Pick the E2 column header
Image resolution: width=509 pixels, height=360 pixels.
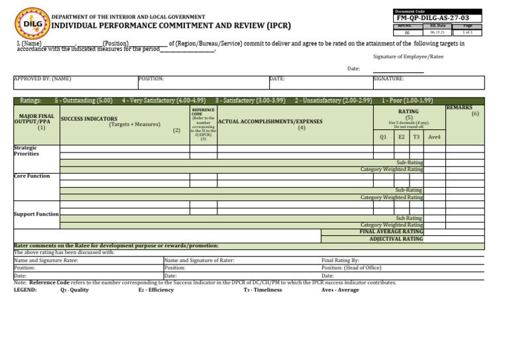click(x=402, y=137)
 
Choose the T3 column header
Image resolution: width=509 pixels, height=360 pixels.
click(x=416, y=137)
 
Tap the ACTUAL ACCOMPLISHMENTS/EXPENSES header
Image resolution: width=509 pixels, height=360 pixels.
click(x=270, y=122)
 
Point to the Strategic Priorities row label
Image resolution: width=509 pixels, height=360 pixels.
click(x=27, y=150)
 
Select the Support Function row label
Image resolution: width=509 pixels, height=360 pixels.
click(x=36, y=214)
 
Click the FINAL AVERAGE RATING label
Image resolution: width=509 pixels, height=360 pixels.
click(x=391, y=231)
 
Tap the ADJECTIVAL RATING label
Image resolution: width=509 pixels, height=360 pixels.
click(x=396, y=238)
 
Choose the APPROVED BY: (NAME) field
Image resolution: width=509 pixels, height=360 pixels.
click(x=42, y=79)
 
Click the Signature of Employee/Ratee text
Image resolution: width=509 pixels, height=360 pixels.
click(x=408, y=57)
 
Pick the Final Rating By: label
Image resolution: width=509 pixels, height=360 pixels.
click(x=340, y=261)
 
